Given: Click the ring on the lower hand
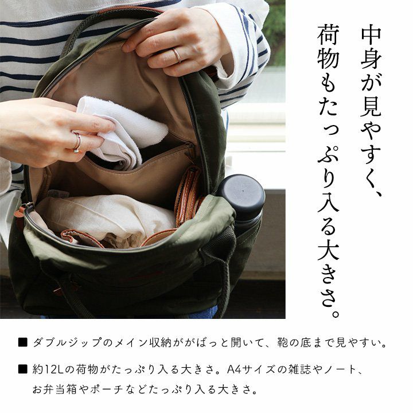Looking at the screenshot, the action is [78, 142].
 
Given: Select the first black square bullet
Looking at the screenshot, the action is [22, 342].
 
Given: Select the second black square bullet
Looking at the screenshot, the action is [22, 369].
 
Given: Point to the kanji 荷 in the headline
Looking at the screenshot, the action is [328, 36].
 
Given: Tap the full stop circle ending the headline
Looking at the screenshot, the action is [336, 314].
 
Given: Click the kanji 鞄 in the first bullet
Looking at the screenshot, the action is [283, 342].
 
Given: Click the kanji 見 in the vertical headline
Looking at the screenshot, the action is [371, 106].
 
